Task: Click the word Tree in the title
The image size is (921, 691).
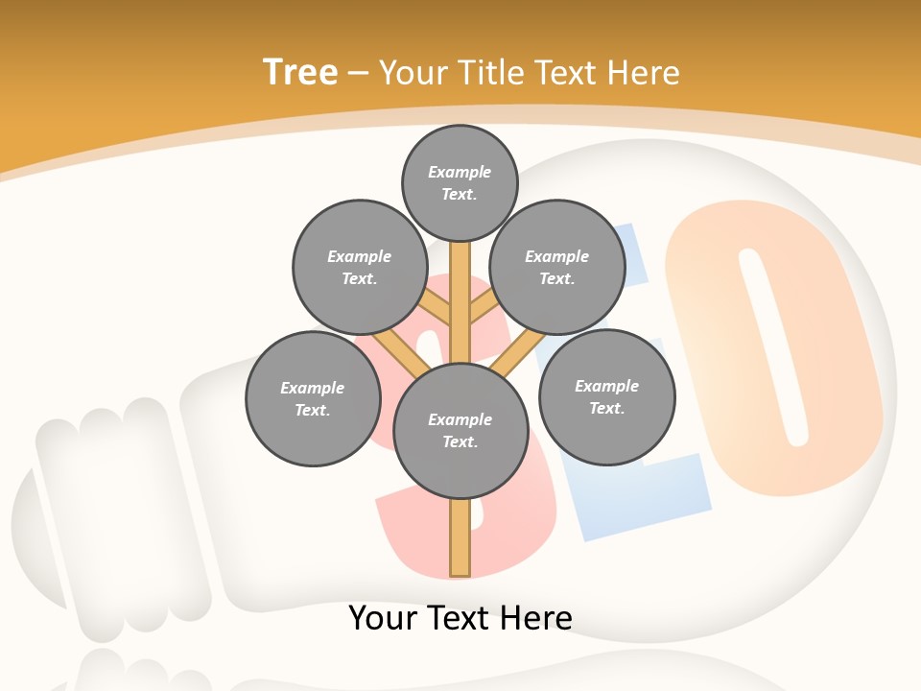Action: tap(300, 72)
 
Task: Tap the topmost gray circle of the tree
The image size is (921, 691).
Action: tap(460, 182)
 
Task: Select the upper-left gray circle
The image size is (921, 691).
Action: tap(359, 267)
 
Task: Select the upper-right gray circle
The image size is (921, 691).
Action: tap(556, 267)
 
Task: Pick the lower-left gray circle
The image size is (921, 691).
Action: tap(312, 398)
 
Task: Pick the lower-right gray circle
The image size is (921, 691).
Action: tap(606, 396)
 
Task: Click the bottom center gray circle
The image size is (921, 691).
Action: tap(460, 430)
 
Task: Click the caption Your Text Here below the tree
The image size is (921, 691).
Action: tap(460, 617)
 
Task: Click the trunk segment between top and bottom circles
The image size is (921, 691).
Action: tap(460, 298)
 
